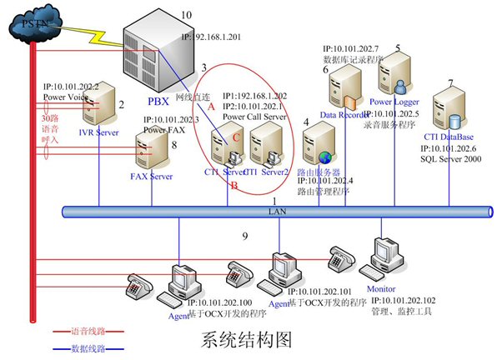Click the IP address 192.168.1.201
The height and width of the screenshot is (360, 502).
coord(216,37)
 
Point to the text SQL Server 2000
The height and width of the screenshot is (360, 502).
coord(450,157)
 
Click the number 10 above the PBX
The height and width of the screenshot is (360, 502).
coord(186,15)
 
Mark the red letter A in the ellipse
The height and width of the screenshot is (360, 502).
coord(211,107)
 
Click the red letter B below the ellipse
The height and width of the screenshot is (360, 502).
coord(236,187)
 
